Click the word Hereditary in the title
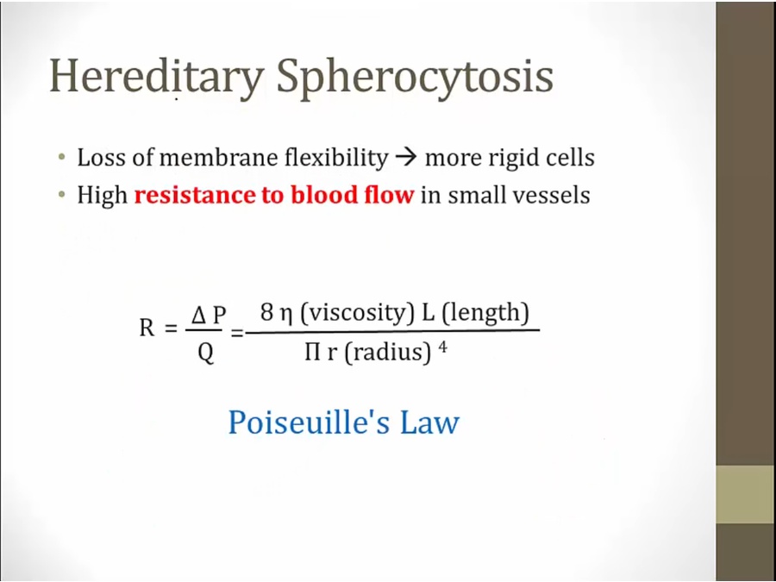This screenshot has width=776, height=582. pos(156,78)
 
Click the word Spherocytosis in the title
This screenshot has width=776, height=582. pos(415,78)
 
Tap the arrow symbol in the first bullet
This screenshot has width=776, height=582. pos(407,159)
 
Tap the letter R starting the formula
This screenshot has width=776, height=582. pos(147,328)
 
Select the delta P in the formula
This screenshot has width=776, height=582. pos(209,315)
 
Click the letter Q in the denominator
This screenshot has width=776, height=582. pos(205,354)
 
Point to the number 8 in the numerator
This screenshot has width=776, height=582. pos(266,313)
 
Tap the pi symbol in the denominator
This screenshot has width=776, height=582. pos(312,353)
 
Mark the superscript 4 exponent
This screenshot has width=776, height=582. pos(442,347)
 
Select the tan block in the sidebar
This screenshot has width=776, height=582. pos(746,494)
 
